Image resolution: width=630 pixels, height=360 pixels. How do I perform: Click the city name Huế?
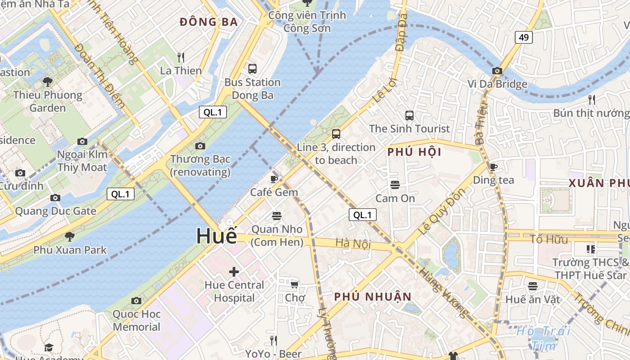(x=216, y=236)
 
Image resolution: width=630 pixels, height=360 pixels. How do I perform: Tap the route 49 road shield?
(x=524, y=37)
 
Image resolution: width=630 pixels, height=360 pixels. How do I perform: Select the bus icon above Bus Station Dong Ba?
(x=252, y=69)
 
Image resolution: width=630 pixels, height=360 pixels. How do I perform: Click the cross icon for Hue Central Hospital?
(x=234, y=271)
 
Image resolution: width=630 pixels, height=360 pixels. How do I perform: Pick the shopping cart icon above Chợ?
(x=295, y=284)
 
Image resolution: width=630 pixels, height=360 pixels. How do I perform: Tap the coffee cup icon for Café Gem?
(x=274, y=179)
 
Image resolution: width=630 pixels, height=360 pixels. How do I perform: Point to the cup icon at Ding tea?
(x=493, y=167)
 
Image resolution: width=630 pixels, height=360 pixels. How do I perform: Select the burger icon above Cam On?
(x=395, y=185)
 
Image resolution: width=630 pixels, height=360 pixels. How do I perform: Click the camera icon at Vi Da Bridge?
(x=497, y=71)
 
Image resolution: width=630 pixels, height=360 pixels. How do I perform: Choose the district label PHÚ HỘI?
(x=414, y=152)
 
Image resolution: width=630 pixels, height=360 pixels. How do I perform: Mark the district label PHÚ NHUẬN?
(x=373, y=297)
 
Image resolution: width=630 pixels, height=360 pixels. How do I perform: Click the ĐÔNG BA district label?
(x=208, y=22)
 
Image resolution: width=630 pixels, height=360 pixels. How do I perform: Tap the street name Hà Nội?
(x=353, y=243)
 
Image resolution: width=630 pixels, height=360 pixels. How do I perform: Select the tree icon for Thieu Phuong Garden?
(x=47, y=81)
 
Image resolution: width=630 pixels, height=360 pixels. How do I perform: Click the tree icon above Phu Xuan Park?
(x=69, y=236)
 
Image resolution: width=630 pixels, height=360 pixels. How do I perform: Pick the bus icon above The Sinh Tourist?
(x=409, y=116)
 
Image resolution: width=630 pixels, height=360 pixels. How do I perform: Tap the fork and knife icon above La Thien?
(x=181, y=58)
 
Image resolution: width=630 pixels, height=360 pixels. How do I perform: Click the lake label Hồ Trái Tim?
(x=543, y=338)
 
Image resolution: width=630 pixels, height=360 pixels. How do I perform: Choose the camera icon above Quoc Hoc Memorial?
(x=136, y=301)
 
